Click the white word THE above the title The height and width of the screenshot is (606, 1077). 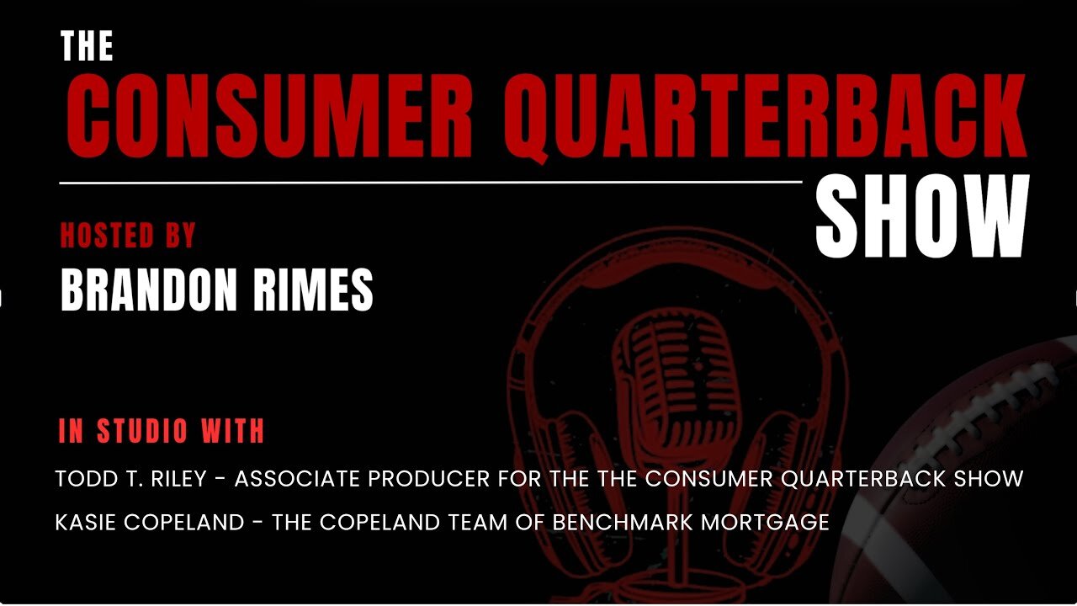(x=87, y=47)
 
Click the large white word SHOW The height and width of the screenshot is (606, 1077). (x=922, y=218)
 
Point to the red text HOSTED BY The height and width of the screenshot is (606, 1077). (x=128, y=236)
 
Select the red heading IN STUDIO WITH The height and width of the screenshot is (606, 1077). (x=162, y=431)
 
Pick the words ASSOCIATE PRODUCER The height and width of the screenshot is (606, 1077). (x=363, y=479)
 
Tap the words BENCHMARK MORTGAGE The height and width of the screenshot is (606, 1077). (x=691, y=523)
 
